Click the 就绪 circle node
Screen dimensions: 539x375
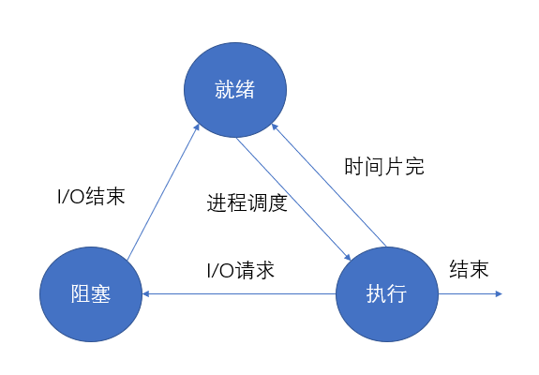(235, 90)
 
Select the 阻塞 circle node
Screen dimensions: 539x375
(91, 294)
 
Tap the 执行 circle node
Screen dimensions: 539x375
(387, 294)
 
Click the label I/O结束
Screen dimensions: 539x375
(91, 196)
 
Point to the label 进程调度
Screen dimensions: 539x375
(247, 202)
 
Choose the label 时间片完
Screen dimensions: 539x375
(384, 167)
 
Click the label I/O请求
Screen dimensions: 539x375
(241, 270)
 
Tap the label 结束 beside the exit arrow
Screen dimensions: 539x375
(469, 269)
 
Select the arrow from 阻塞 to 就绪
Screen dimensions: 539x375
(163, 192)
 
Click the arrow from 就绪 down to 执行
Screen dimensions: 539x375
(293, 199)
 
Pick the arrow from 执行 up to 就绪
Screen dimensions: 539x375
(329, 185)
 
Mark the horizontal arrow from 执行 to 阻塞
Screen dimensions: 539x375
(239, 293)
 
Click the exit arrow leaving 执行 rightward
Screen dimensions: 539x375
(471, 293)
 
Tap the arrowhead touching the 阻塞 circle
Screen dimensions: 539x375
(145, 293)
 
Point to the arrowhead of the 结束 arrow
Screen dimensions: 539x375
(499, 293)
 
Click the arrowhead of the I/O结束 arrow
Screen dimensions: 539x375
(198, 127)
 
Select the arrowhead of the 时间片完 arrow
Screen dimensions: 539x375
(274, 127)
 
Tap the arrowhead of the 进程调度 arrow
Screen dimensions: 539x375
(348, 258)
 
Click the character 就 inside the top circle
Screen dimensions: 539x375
(225, 90)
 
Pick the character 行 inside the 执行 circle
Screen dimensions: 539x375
(397, 294)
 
